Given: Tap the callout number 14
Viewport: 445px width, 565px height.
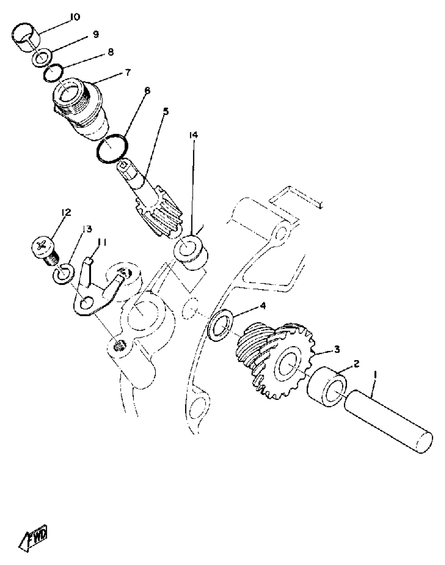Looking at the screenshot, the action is coord(193,135).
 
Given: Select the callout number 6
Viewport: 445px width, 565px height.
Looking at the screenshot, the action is coord(147,91).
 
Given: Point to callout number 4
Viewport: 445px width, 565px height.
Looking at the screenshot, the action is coord(263,306).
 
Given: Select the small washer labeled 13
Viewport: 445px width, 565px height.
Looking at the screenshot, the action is coord(64,274).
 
